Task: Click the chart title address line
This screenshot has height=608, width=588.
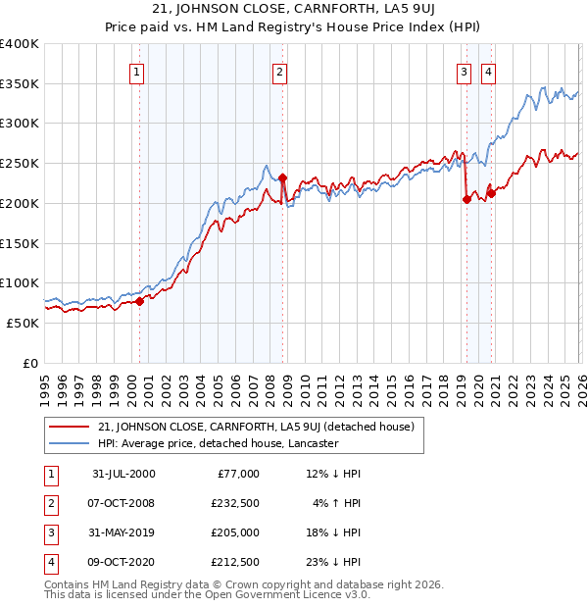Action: tap(293, 11)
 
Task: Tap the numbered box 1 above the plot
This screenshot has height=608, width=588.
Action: tap(136, 71)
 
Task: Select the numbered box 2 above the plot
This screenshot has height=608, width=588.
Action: tap(280, 71)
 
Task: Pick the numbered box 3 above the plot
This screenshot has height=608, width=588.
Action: tap(463, 71)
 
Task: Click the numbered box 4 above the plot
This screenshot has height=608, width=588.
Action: tap(487, 71)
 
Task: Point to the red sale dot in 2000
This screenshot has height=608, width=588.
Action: tap(140, 301)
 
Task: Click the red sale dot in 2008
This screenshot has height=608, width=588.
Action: tap(282, 177)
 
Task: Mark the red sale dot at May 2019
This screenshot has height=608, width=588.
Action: tap(466, 200)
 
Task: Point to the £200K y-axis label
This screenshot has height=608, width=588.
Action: tap(20, 203)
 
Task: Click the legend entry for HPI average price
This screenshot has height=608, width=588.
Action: tap(218, 443)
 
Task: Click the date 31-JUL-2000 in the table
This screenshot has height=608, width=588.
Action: tap(122, 474)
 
